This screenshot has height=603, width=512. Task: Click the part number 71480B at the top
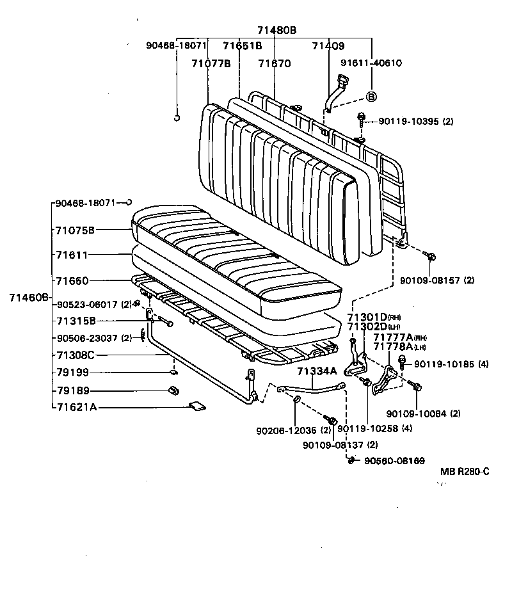(277, 30)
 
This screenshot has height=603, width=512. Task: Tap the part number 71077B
(211, 63)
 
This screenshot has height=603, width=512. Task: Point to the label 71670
(275, 63)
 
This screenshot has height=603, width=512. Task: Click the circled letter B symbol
(371, 96)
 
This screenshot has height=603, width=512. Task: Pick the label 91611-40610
(371, 63)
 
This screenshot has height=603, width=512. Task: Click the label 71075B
(75, 229)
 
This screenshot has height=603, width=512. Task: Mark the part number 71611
(71, 255)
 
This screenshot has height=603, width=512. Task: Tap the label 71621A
(76, 406)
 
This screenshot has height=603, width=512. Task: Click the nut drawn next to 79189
(172, 390)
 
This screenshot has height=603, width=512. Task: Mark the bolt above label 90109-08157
(430, 257)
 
